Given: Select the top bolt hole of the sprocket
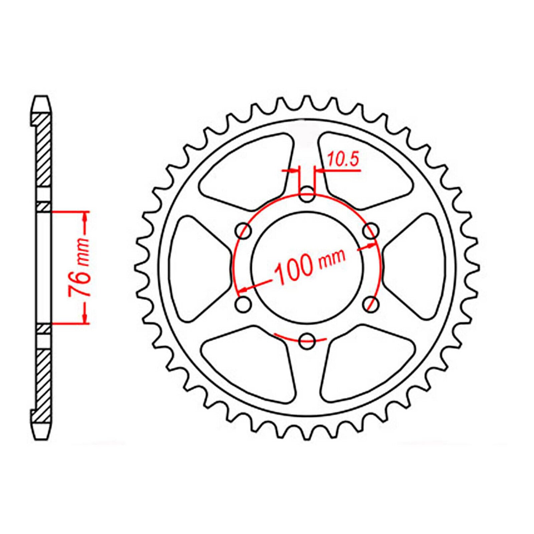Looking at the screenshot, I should tap(307, 196).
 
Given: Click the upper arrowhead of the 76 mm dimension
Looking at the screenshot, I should tap(85, 217).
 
